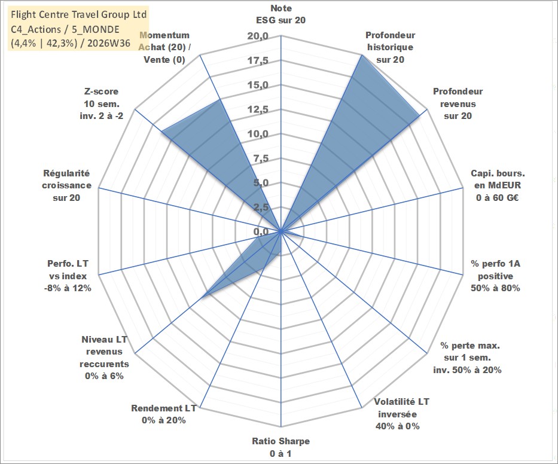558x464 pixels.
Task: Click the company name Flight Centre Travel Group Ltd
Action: [79, 14]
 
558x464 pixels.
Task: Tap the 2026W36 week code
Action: [109, 43]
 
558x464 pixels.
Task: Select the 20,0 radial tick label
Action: [258, 36]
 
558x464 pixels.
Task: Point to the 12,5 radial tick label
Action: [258, 109]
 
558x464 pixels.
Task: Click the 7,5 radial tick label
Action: [261, 158]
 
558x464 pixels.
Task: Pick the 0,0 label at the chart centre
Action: [261, 231]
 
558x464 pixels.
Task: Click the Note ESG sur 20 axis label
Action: [280, 14]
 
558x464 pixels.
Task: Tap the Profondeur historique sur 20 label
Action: [391, 47]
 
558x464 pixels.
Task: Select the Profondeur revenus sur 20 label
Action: [458, 103]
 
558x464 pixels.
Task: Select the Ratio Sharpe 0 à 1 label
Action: [280, 447]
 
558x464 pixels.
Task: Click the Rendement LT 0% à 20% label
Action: [164, 414]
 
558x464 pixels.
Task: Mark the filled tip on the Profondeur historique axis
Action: [361, 56]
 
